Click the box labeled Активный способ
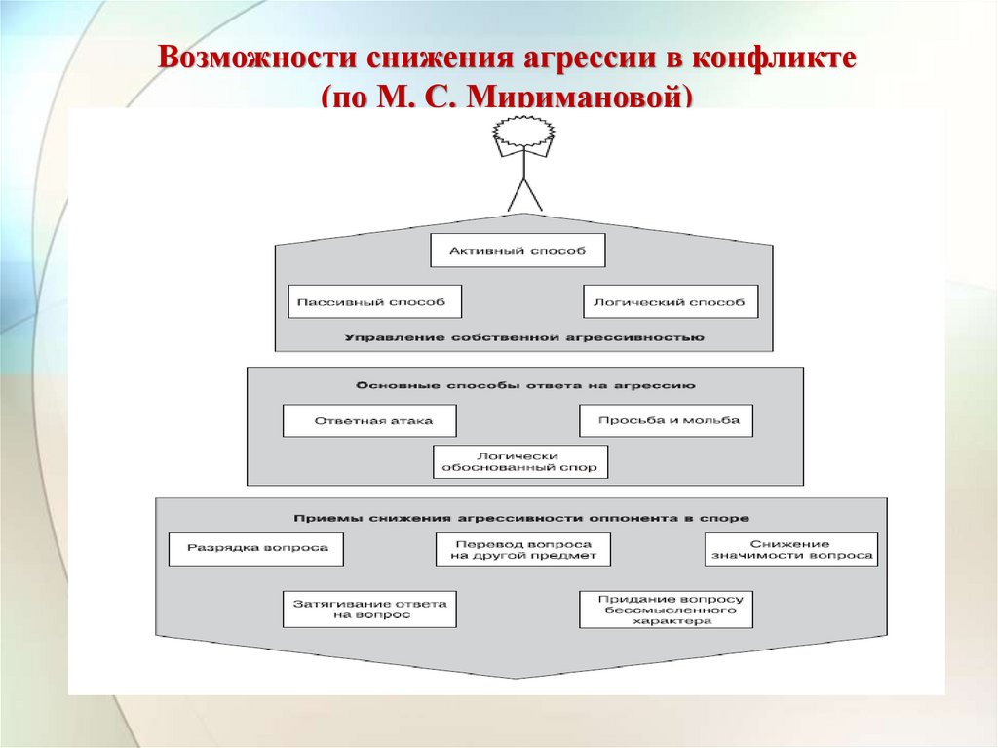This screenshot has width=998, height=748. click(x=518, y=251)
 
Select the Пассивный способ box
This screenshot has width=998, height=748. click(x=374, y=302)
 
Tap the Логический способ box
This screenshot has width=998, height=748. click(x=670, y=302)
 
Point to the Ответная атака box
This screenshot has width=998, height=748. click(x=370, y=421)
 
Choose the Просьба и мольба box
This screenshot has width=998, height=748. click(x=666, y=420)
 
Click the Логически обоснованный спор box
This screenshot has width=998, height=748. click(x=520, y=461)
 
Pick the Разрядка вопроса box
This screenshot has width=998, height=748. click(x=256, y=548)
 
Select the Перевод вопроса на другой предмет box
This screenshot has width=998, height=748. click(x=522, y=550)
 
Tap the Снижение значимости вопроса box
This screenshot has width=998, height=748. click(x=790, y=550)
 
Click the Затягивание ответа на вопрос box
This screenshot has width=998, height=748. click(x=369, y=610)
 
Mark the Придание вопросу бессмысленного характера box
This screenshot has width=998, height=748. click(x=666, y=610)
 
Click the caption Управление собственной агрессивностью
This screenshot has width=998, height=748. click(x=523, y=337)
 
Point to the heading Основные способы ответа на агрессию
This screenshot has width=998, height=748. click(x=525, y=386)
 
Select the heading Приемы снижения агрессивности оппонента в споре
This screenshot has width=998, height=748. click(x=521, y=518)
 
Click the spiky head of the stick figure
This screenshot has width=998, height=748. click(x=524, y=132)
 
